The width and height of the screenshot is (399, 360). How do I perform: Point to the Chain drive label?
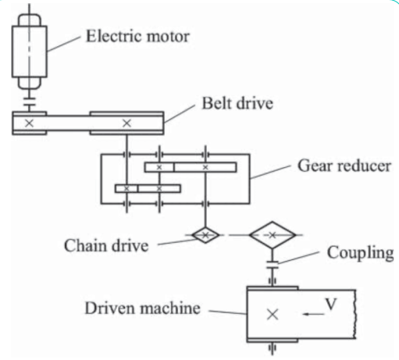(x=106, y=245)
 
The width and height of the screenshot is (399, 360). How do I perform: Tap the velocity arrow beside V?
(x=312, y=313)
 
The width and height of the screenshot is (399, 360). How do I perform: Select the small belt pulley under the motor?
(x=29, y=123)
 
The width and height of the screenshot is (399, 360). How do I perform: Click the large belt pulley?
(x=126, y=123)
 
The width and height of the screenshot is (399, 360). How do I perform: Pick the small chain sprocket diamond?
(x=205, y=233)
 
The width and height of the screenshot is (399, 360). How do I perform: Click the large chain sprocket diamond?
(x=273, y=233)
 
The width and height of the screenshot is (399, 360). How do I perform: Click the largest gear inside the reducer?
(x=205, y=166)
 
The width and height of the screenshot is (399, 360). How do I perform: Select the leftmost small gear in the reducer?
(x=126, y=188)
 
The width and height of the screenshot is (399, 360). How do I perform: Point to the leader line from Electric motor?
(x=64, y=42)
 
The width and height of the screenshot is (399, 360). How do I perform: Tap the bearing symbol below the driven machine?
(x=272, y=347)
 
